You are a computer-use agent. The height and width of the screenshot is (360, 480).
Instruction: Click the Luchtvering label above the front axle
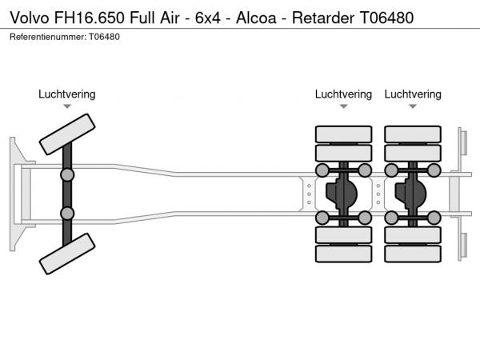67,94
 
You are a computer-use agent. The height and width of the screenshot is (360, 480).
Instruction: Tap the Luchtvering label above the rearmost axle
413,94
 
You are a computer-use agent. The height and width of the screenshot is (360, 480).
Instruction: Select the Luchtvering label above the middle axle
343,94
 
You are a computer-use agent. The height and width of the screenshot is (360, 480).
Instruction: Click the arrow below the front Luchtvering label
67,106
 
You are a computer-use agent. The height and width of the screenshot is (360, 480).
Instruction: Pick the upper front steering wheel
68,133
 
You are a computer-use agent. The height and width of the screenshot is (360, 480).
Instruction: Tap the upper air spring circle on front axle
68,174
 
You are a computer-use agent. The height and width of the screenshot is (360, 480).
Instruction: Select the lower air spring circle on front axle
68,214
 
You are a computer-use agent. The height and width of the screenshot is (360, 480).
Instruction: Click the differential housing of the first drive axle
345,194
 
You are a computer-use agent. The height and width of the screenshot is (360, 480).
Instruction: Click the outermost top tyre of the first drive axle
343,134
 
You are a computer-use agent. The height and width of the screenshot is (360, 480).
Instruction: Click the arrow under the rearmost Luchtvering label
413,106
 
